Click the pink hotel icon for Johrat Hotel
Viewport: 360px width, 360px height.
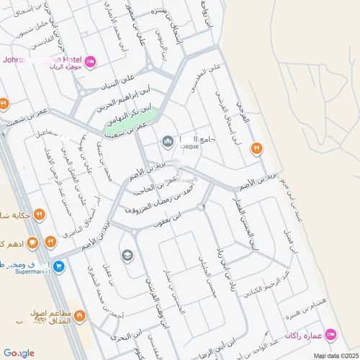pos(90,63)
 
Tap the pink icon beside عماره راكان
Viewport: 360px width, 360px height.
pos(330,333)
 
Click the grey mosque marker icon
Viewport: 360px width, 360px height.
pos(168,141)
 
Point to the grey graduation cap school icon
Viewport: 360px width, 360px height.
pos(127,256)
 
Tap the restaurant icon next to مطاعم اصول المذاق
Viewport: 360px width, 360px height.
pos(80,315)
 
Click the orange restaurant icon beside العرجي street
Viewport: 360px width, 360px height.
pos(256,149)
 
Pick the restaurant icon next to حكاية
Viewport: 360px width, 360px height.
pos(40,215)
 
